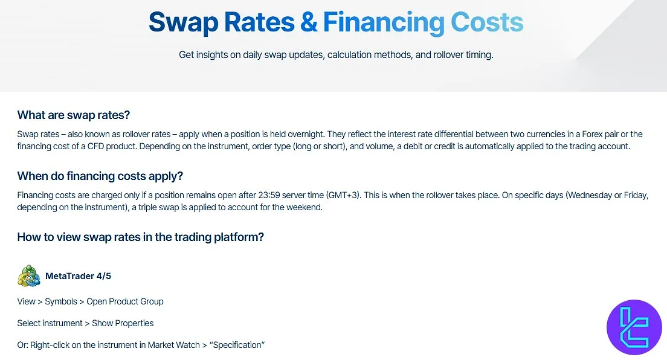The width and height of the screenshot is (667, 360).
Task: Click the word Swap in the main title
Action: [183, 22]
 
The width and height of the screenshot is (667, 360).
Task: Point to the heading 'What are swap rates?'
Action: [74, 115]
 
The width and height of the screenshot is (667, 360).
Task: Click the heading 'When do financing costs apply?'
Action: [100, 176]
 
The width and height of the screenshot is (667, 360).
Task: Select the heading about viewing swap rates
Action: [140, 237]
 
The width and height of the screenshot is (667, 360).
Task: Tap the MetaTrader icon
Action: [28, 276]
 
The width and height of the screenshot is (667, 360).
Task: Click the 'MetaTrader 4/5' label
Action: [78, 276]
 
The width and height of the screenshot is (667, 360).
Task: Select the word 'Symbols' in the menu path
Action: [61, 301]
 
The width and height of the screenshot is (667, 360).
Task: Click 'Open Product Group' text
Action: [125, 301]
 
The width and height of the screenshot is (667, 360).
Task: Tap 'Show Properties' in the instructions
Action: [123, 323]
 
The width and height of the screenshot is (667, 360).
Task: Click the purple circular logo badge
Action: [634, 327]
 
